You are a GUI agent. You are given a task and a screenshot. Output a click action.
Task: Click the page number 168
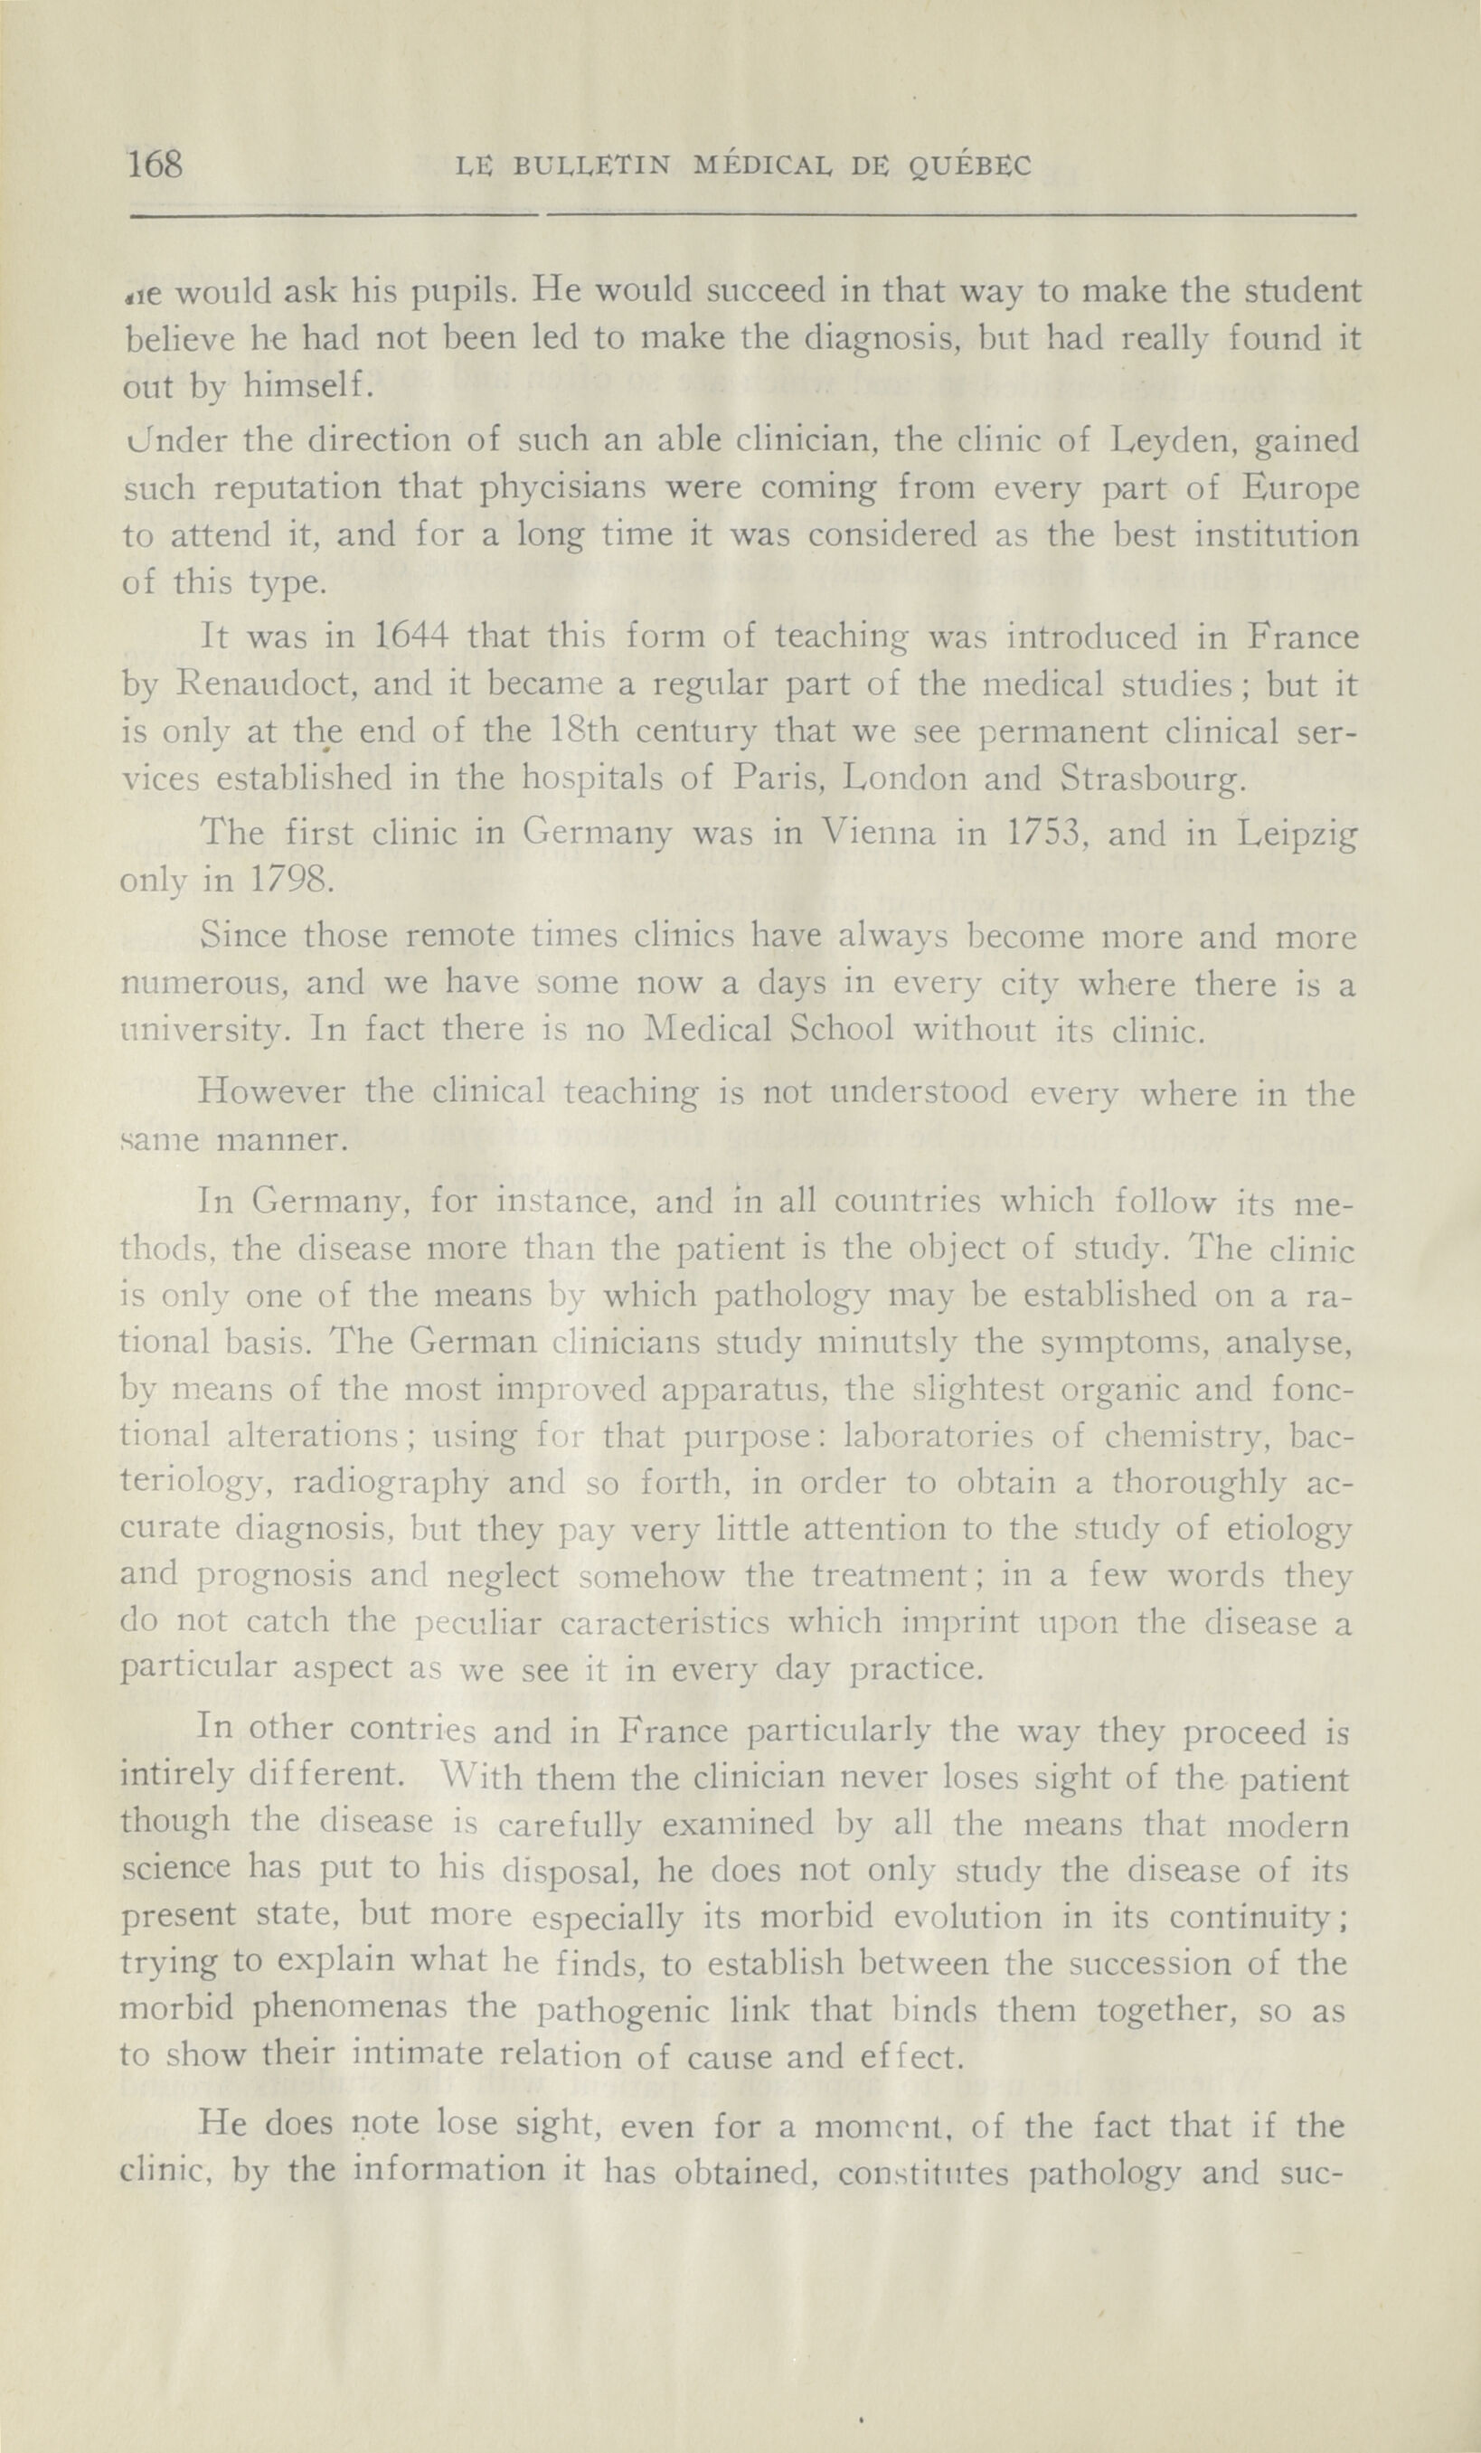pyautogui.click(x=156, y=164)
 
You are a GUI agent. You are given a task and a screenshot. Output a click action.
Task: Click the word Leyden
pyautogui.click(x=1174, y=440)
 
